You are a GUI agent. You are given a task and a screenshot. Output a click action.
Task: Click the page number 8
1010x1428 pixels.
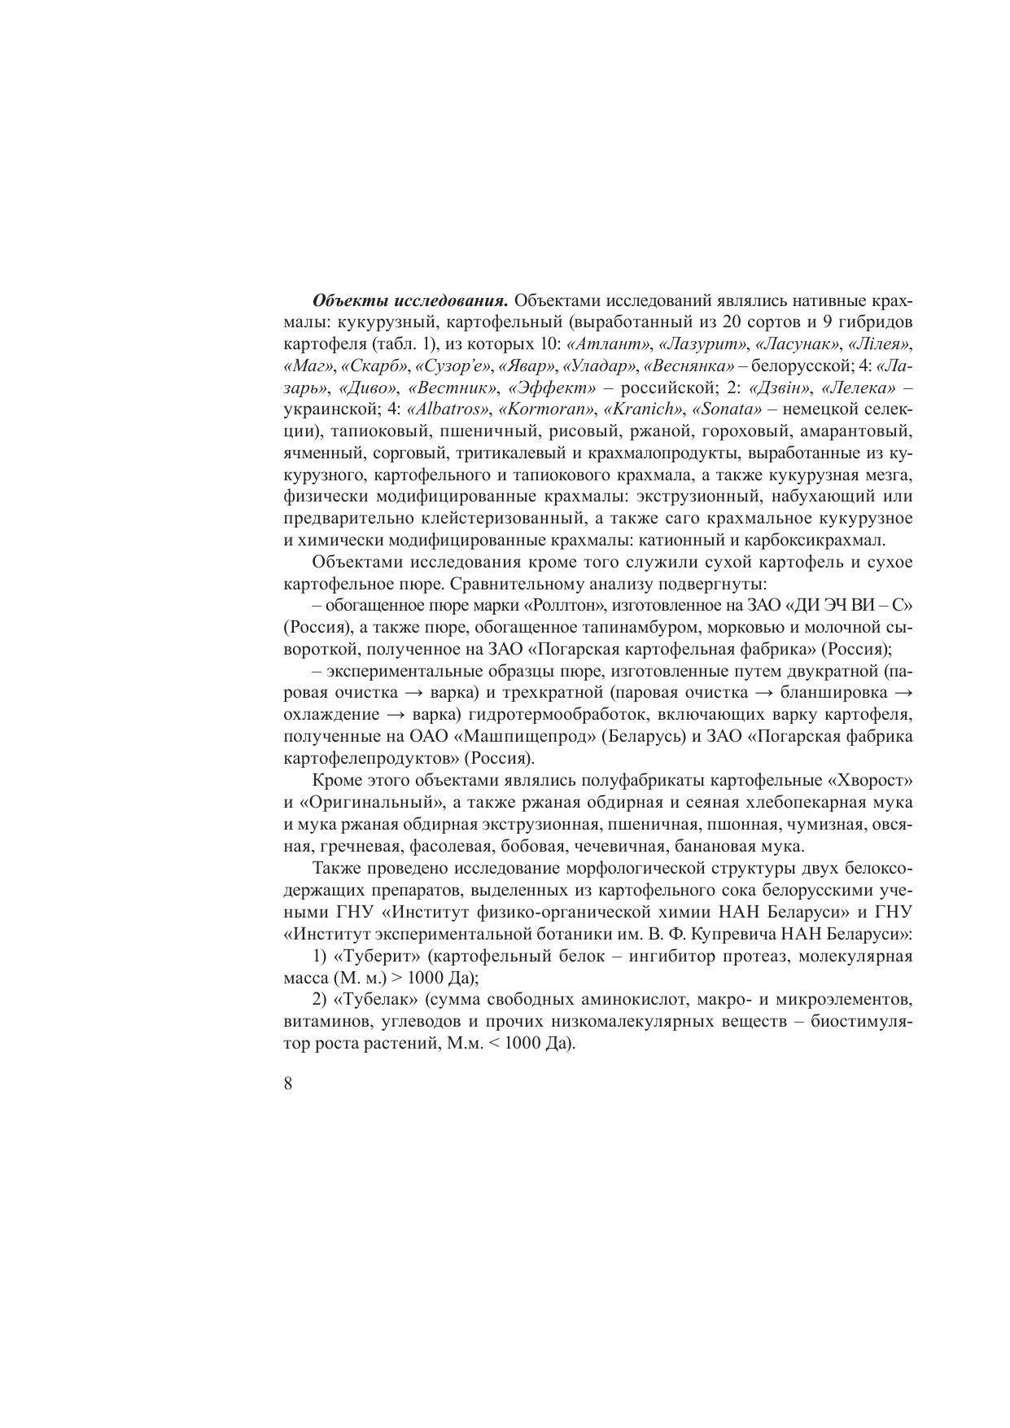[289, 1084]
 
